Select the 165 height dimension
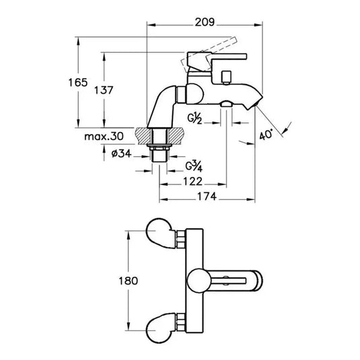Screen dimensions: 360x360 [x=79, y=82]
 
